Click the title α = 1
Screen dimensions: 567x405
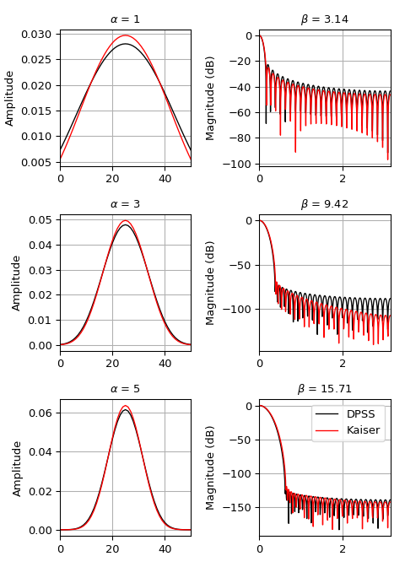pyautogui.click(x=125, y=19)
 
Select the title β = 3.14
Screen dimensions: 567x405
pyautogui.click(x=325, y=19)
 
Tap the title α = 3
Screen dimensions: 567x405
pyautogui.click(x=125, y=204)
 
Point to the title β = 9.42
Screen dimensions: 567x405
pyautogui.click(x=325, y=204)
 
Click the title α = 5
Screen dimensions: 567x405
pyautogui.click(x=125, y=389)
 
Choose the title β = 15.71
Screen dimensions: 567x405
pyautogui.click(x=325, y=389)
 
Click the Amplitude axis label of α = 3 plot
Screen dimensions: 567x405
pyautogui.click(x=17, y=283)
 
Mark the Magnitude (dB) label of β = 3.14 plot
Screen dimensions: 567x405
pyautogui.click(x=211, y=98)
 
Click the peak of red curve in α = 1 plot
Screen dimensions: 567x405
pyautogui.click(x=125, y=35)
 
